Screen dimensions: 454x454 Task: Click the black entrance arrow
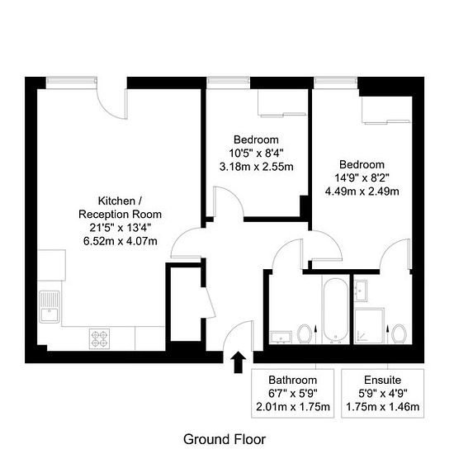[239, 362]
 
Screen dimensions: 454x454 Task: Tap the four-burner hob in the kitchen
[99, 338]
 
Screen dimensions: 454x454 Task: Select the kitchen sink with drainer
[50, 307]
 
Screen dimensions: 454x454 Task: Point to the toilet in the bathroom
[305, 333]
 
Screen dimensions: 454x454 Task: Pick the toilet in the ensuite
[399, 333]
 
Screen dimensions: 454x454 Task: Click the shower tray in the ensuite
[370, 326]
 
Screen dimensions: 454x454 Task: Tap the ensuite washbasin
[361, 291]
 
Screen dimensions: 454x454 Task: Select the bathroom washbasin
[281, 337]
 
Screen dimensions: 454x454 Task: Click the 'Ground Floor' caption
[225, 439]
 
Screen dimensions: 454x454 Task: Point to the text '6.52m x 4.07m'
[121, 241]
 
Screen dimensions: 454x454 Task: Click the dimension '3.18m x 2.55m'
[256, 167]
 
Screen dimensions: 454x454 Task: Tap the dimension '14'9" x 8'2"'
[362, 177]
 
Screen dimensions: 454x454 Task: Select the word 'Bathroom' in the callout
[293, 380]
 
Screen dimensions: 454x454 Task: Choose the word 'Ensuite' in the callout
[382, 380]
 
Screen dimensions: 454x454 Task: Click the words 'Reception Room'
[120, 215]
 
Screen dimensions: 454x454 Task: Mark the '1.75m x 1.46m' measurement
[382, 407]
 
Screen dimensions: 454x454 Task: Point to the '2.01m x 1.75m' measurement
[293, 407]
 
